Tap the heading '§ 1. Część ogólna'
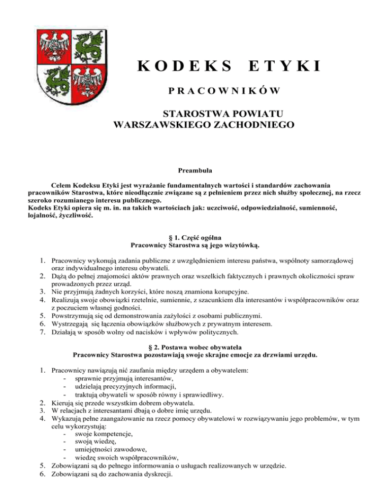pyautogui.click(x=195, y=238)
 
